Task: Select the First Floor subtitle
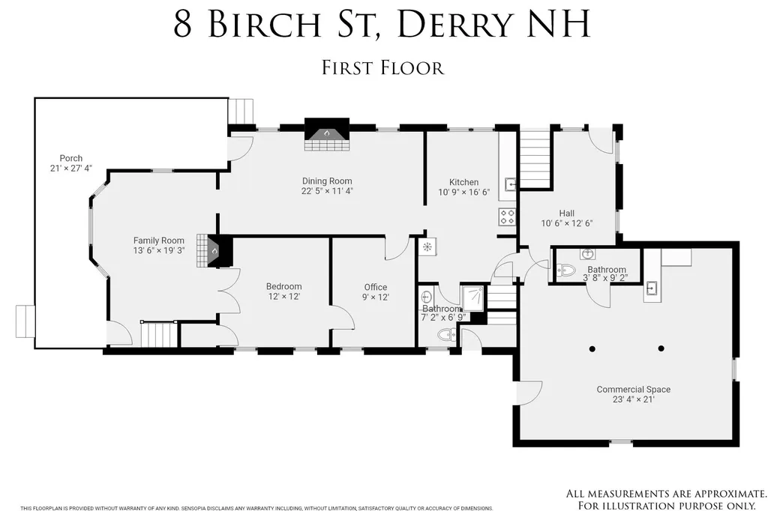(383, 67)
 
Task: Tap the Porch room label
(71, 158)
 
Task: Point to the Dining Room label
(327, 181)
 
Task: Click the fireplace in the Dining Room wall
(327, 135)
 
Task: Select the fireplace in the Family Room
(214, 251)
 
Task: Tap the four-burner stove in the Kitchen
(508, 217)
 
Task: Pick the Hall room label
(567, 213)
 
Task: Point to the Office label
(376, 287)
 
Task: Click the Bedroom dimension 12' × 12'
(284, 297)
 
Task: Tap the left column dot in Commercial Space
(592, 348)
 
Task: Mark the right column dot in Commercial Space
(661, 348)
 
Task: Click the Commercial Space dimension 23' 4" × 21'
(634, 399)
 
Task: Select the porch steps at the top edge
(242, 112)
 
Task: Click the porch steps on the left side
(25, 322)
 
